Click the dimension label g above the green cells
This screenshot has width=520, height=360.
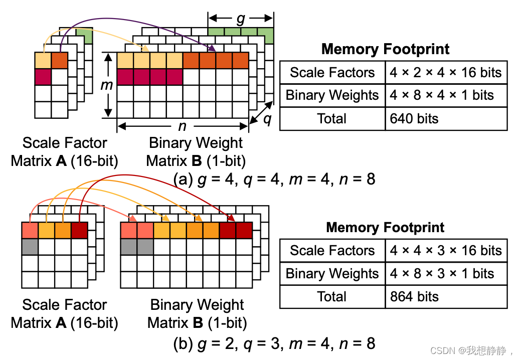click(241, 19)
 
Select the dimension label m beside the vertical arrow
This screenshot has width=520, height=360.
click(107, 85)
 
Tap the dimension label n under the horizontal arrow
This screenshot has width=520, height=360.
click(182, 125)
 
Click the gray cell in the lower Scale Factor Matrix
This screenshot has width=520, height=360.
click(30, 246)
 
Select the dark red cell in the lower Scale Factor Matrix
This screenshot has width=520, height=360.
click(79, 230)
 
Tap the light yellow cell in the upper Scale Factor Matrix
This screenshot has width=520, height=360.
click(43, 60)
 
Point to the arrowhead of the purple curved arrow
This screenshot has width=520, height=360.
click(213, 49)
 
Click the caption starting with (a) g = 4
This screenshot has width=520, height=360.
click(274, 179)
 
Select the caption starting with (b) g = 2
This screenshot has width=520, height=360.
click(274, 343)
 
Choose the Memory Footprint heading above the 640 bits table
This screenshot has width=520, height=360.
click(385, 49)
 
